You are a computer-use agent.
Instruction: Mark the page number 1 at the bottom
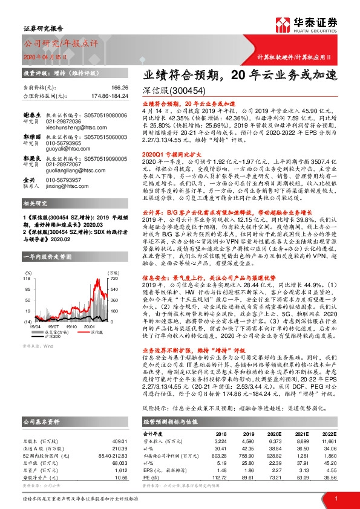coord(335,498)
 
